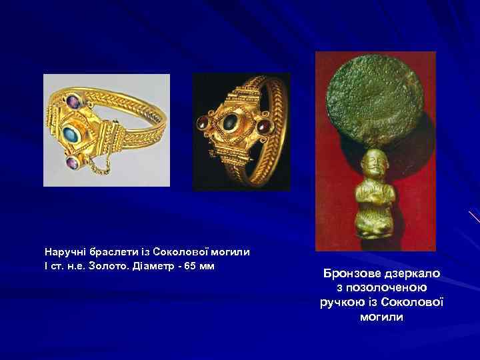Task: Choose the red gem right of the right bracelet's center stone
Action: click(x=262, y=121)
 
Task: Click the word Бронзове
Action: click(x=351, y=274)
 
